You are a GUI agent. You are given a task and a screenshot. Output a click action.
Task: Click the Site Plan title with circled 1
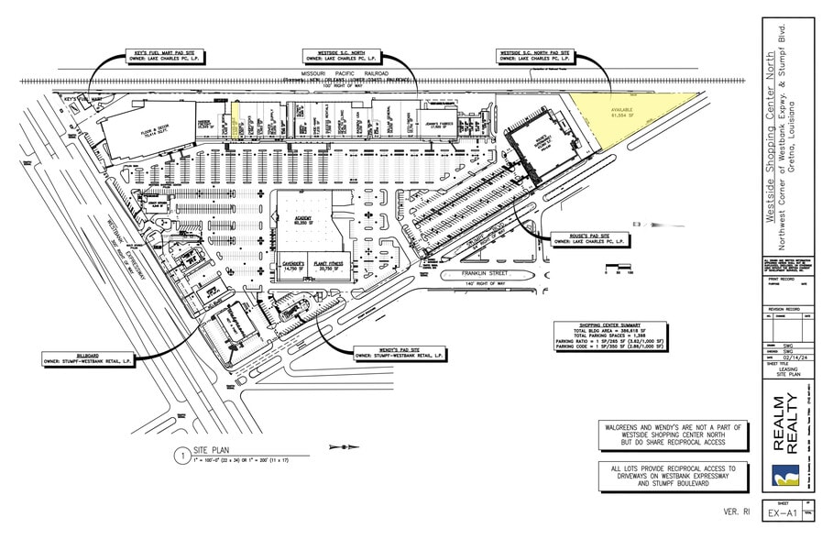click(210, 453)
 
